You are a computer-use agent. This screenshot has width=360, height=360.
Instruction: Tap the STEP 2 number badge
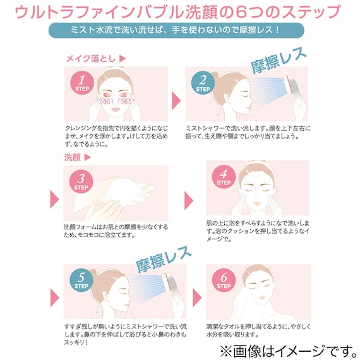(x=203, y=82)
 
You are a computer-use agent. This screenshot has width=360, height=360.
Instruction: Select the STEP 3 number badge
(x=81, y=180)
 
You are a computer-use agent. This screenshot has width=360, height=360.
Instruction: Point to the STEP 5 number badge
(x=81, y=279)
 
